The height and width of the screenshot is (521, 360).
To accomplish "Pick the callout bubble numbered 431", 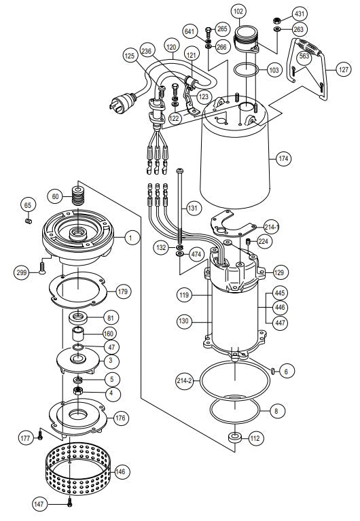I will coord(300,14).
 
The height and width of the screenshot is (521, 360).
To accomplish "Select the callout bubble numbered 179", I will coord(122,292).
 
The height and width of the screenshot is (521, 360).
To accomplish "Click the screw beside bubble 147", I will coord(70,503).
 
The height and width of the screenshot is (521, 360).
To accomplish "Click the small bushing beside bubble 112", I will coord(236,438).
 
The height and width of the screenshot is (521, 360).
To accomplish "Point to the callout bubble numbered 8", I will coord(274,410).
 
